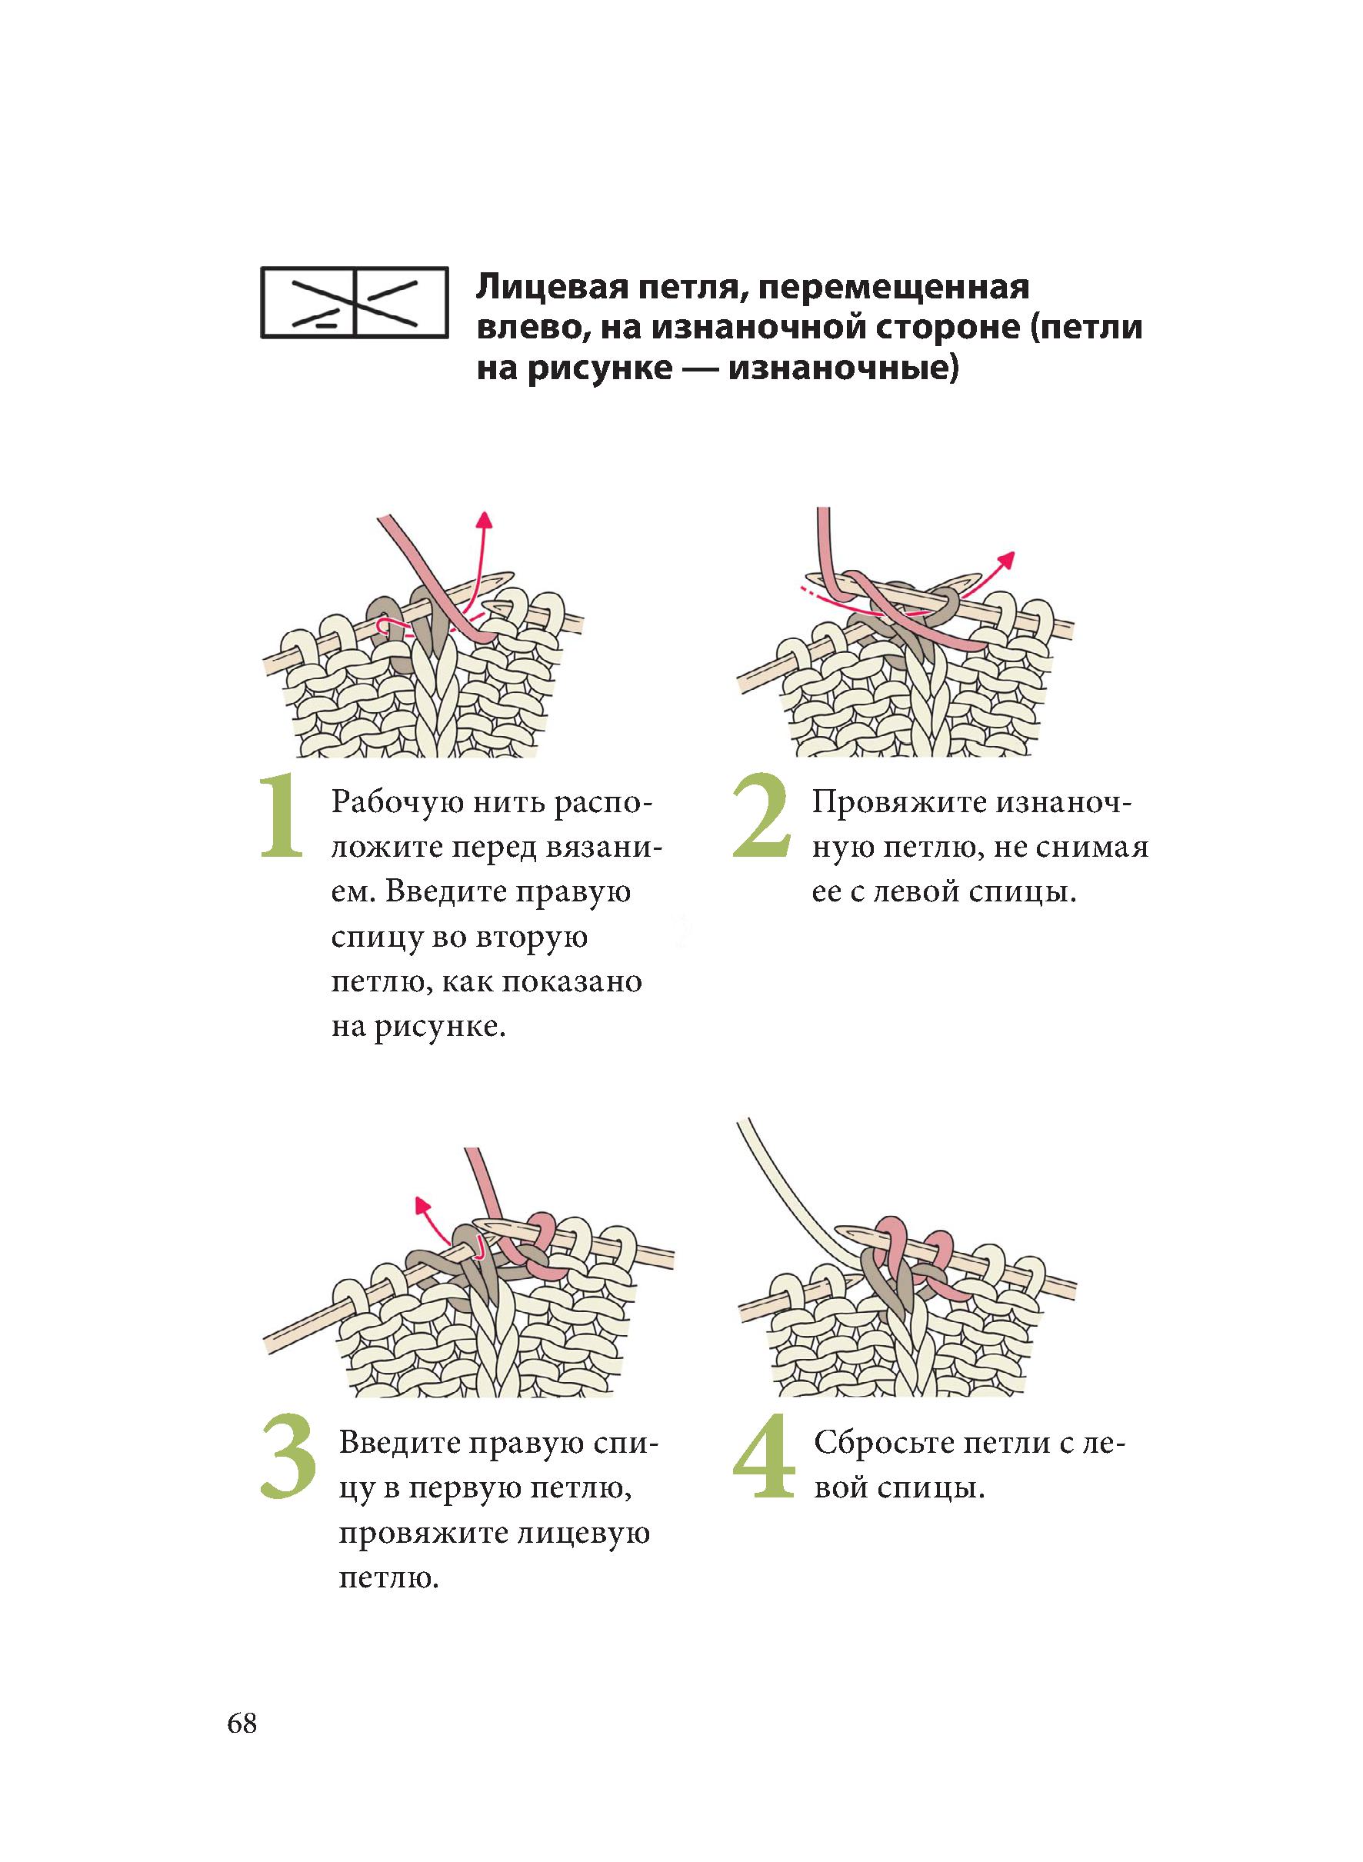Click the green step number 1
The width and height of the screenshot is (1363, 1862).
click(x=282, y=816)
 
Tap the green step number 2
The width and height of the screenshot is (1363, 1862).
click(x=761, y=816)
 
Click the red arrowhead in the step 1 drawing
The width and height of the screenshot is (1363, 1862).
click(x=485, y=518)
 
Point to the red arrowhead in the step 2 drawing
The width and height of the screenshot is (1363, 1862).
click(x=1006, y=558)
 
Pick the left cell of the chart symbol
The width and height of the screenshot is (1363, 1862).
click(x=308, y=302)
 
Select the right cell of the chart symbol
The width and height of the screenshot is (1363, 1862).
click(x=400, y=302)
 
